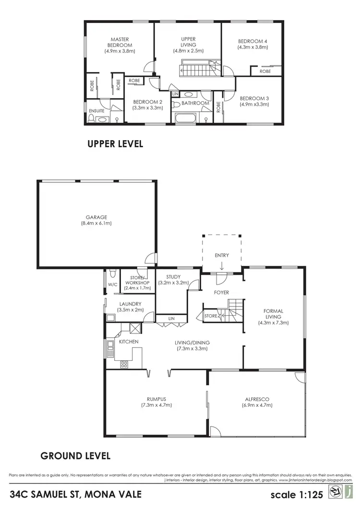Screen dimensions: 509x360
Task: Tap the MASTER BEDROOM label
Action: click(x=120, y=39)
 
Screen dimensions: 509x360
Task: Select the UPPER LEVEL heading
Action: click(x=115, y=144)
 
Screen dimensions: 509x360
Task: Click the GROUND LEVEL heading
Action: click(x=75, y=455)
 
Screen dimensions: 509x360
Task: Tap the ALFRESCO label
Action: click(x=257, y=399)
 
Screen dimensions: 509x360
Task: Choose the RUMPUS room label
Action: click(x=156, y=399)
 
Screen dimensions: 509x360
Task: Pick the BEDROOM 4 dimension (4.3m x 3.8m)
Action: click(x=252, y=47)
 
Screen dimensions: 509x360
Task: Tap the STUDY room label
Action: click(x=173, y=277)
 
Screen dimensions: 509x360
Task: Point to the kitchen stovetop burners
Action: click(x=124, y=364)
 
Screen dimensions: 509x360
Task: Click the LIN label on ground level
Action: click(x=171, y=318)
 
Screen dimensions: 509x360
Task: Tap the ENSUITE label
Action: click(x=96, y=111)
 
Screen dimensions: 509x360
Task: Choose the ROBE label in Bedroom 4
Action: click(x=265, y=71)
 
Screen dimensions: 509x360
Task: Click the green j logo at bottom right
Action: click(x=351, y=493)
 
